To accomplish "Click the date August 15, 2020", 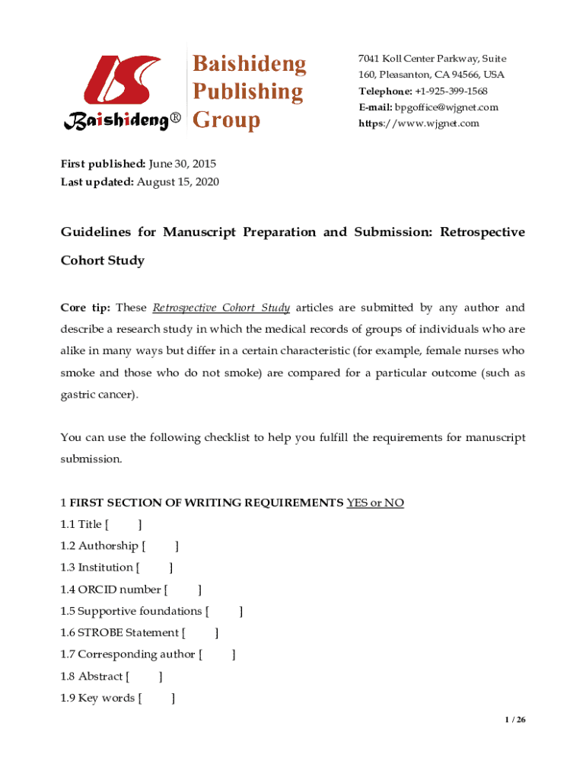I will [178, 182].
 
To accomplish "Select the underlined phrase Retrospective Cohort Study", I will [221, 308].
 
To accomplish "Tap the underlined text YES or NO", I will [375, 503].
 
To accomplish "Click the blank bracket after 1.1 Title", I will [123, 524].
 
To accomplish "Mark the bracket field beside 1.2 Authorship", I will [160, 545].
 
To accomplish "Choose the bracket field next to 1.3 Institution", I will [154, 567].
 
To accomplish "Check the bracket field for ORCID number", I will [183, 589].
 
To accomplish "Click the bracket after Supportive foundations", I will [225, 611].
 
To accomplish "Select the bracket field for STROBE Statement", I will [199, 632].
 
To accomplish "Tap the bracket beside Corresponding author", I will [217, 654].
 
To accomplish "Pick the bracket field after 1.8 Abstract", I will [144, 676].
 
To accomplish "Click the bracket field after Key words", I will [157, 698].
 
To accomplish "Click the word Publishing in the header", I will [247, 92].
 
